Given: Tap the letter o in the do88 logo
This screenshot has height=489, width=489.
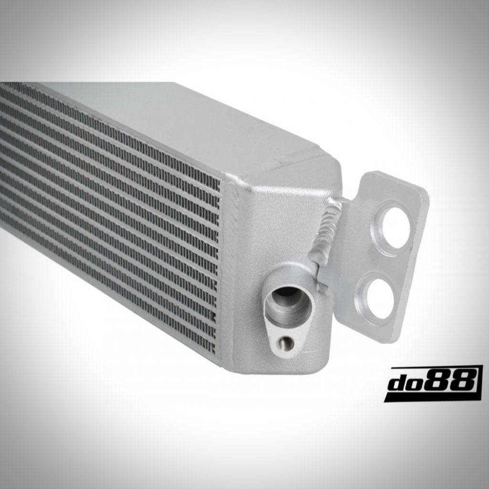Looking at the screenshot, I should (x=423, y=383).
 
